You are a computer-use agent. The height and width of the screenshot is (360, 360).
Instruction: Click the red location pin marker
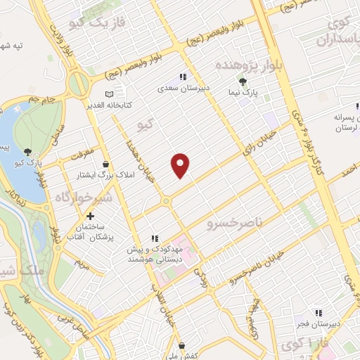coord(181,165)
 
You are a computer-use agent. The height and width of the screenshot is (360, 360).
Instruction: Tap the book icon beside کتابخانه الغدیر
coord(108,94)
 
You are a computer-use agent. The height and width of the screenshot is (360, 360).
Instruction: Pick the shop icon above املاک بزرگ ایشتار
coord(105,164)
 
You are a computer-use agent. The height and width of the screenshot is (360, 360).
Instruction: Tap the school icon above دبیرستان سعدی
coord(182,77)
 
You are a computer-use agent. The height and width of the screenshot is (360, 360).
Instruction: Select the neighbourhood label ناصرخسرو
coord(234,224)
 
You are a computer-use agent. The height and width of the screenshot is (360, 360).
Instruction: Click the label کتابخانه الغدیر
coord(127,105)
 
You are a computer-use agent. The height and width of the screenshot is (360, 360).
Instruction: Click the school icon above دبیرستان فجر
coord(318,313)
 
